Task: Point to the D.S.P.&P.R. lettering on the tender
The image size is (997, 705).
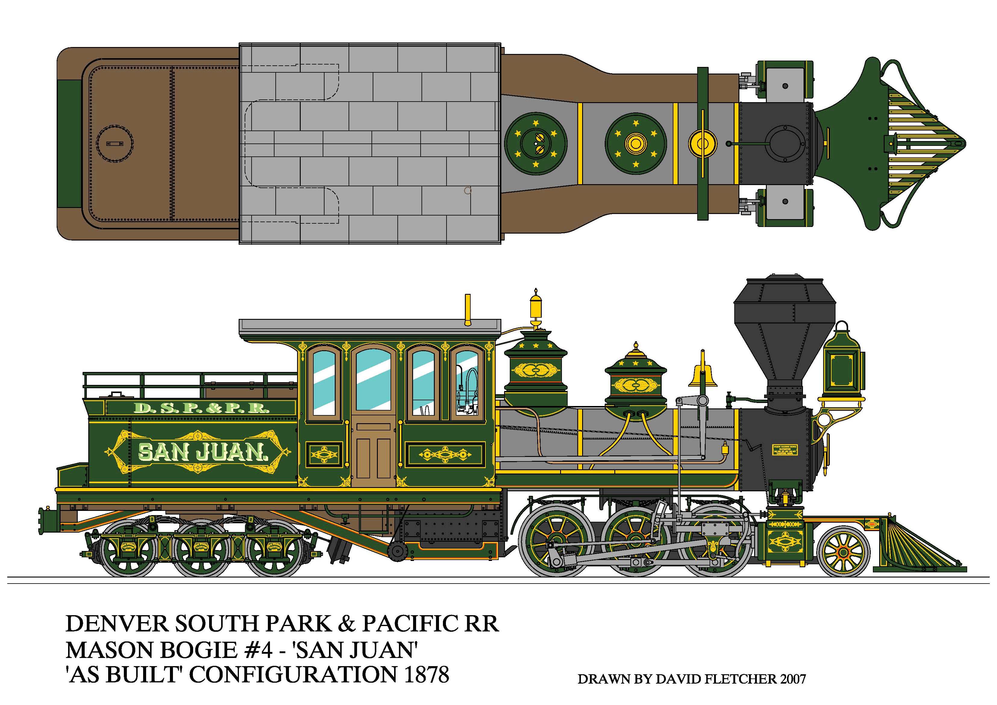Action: point(202,408)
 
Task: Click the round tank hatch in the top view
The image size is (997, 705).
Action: point(114,143)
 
